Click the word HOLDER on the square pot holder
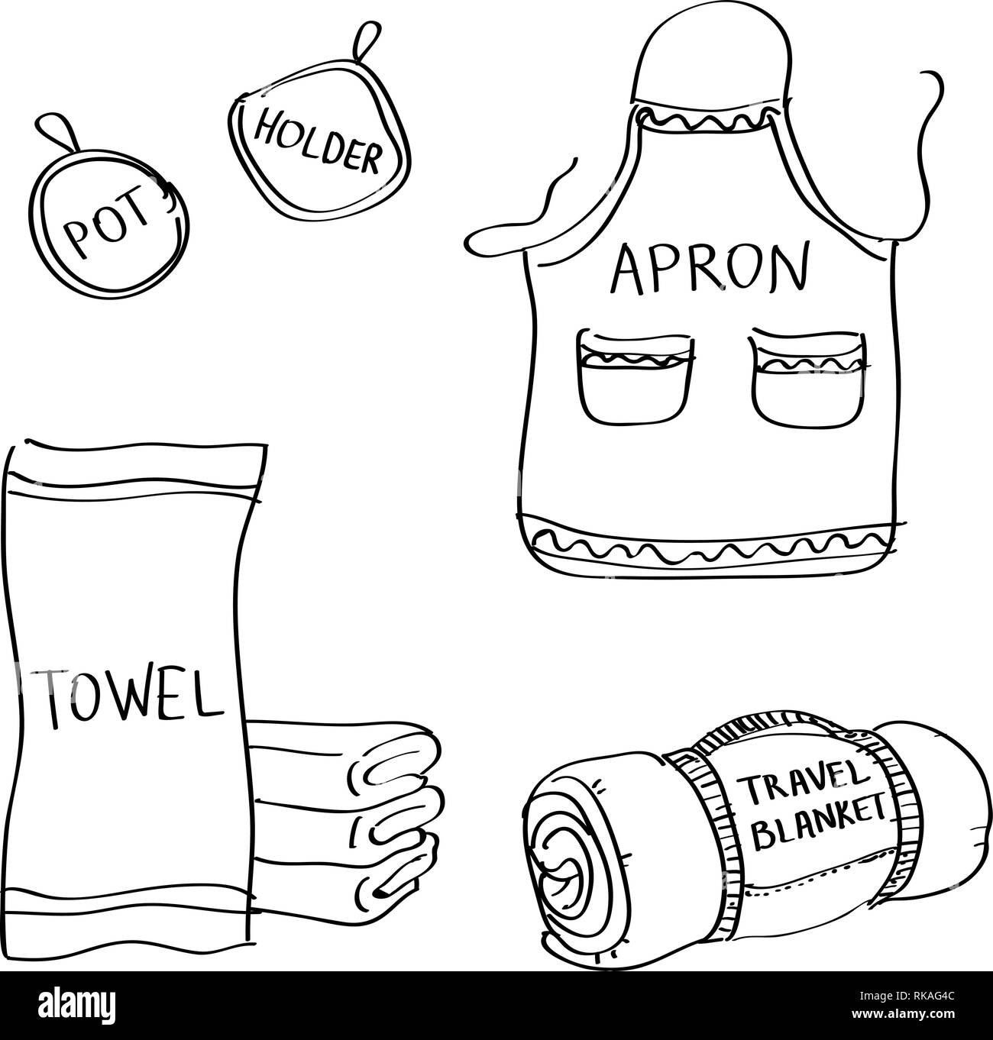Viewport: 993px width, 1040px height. pyautogui.click(x=315, y=140)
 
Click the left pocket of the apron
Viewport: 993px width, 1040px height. pyautogui.click(x=636, y=375)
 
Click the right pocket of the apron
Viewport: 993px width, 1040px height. pyautogui.click(x=809, y=374)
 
